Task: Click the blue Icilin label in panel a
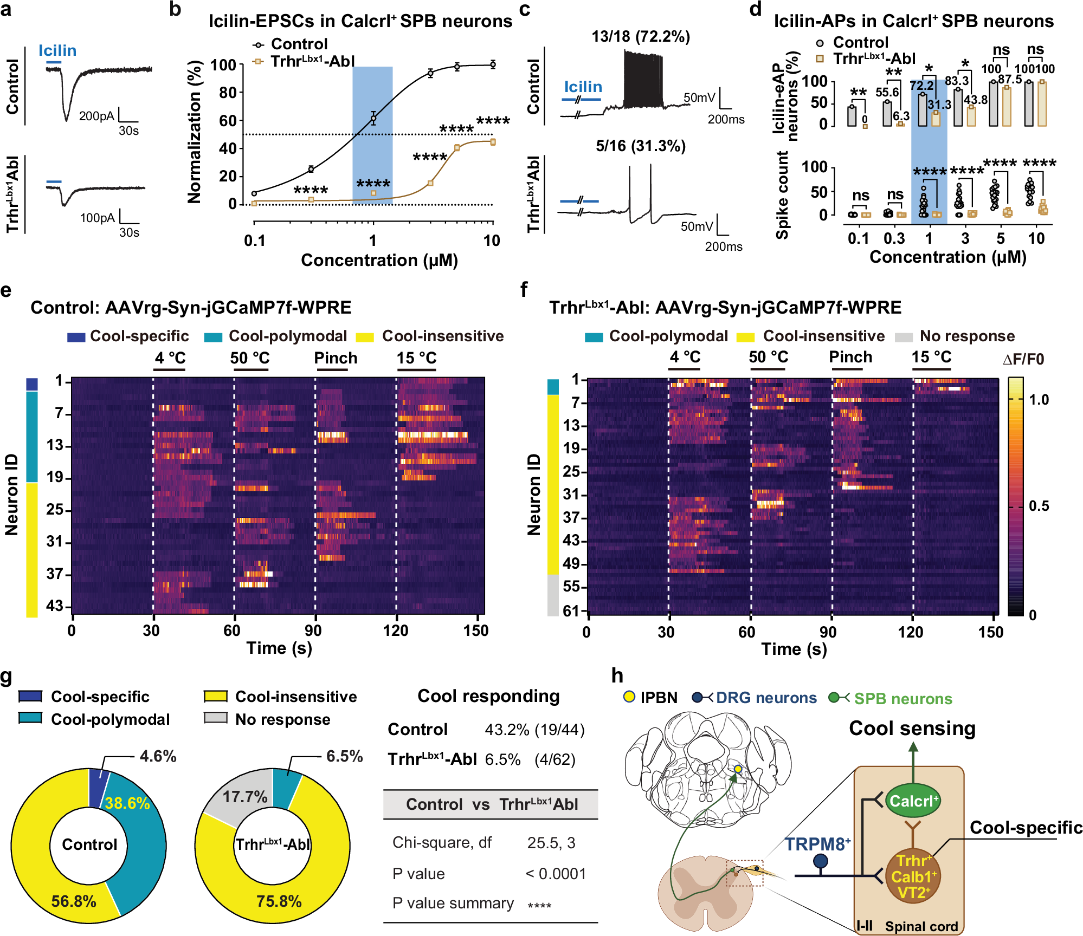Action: [57, 50]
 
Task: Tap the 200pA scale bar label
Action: [96, 116]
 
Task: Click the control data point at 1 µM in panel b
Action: [373, 118]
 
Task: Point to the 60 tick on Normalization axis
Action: [227, 121]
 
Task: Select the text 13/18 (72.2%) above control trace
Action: [640, 37]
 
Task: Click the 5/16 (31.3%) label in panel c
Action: [640, 146]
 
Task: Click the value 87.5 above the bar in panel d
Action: [1009, 80]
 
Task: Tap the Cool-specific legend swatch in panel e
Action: [76, 337]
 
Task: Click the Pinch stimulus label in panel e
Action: [336, 358]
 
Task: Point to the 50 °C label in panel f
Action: [768, 357]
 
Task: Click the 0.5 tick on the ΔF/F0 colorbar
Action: [1039, 506]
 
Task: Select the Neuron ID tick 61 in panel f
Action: [571, 611]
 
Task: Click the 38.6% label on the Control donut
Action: [127, 803]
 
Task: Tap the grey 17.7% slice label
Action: [245, 797]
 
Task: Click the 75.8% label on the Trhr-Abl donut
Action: [279, 901]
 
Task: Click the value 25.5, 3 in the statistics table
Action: [551, 843]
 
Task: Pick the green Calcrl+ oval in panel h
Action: [913, 801]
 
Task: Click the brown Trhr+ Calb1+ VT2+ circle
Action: [913, 876]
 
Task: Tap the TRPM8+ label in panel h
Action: [817, 844]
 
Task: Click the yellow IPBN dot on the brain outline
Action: [738, 769]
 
